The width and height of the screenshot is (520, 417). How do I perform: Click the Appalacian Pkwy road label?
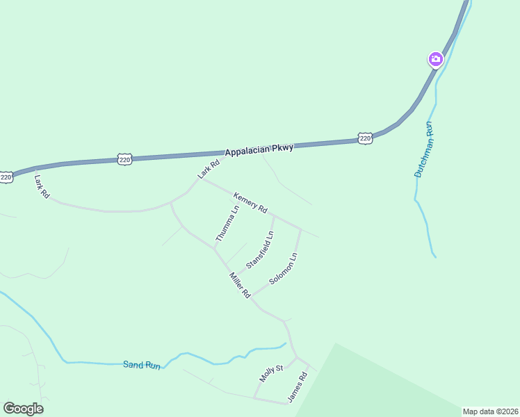pos(259,149)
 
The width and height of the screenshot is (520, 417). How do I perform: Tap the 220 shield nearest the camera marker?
pos(366,138)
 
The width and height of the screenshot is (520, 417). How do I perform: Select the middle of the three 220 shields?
pos(124,159)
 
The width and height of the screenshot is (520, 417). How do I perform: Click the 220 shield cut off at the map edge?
pos(6,177)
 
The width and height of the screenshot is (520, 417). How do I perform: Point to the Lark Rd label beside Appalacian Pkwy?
pos(209,170)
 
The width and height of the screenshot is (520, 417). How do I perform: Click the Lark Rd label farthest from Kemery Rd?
pos(42,187)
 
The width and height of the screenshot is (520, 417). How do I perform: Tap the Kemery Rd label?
pos(250,202)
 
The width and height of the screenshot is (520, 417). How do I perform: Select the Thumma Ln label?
pos(227,223)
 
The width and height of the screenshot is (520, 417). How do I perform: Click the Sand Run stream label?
pos(141,364)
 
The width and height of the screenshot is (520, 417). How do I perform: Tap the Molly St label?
pos(271,373)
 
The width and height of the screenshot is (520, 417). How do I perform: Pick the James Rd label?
pos(298,387)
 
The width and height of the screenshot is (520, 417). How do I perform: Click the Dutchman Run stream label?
pos(423,149)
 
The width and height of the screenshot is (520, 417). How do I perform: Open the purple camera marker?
pos(436,59)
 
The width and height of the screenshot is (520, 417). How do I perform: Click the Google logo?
pos(23,409)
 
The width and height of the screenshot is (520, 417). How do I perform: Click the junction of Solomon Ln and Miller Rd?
pos(252,295)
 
